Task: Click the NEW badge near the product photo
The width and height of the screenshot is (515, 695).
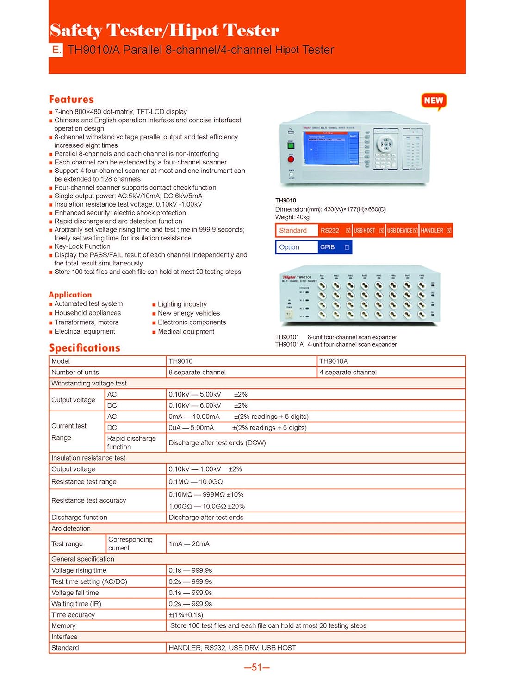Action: click(434, 101)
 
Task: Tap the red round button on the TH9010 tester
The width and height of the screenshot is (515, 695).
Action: click(291, 159)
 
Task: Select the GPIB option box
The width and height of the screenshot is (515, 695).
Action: click(347, 247)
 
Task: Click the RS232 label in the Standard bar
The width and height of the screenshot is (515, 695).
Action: click(330, 230)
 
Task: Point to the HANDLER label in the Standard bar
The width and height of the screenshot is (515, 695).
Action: click(432, 230)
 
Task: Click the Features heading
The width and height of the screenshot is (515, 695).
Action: click(71, 99)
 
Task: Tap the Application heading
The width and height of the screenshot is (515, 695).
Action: click(70, 295)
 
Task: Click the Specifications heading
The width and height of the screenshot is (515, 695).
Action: click(85, 348)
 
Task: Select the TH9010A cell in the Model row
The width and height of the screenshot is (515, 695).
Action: click(334, 361)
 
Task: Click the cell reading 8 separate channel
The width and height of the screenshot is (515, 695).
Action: click(197, 373)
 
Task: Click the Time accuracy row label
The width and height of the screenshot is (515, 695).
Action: click(73, 615)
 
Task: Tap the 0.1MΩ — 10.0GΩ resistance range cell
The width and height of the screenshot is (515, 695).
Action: click(196, 482)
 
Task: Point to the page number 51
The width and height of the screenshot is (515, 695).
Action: click(257, 668)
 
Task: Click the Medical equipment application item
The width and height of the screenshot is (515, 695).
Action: click(186, 332)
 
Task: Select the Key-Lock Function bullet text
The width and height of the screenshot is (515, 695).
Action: click(82, 246)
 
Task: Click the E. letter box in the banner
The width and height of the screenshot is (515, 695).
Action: click(56, 50)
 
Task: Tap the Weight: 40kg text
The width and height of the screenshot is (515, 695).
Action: click(292, 217)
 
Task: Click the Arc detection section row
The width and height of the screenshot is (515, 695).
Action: click(71, 529)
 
